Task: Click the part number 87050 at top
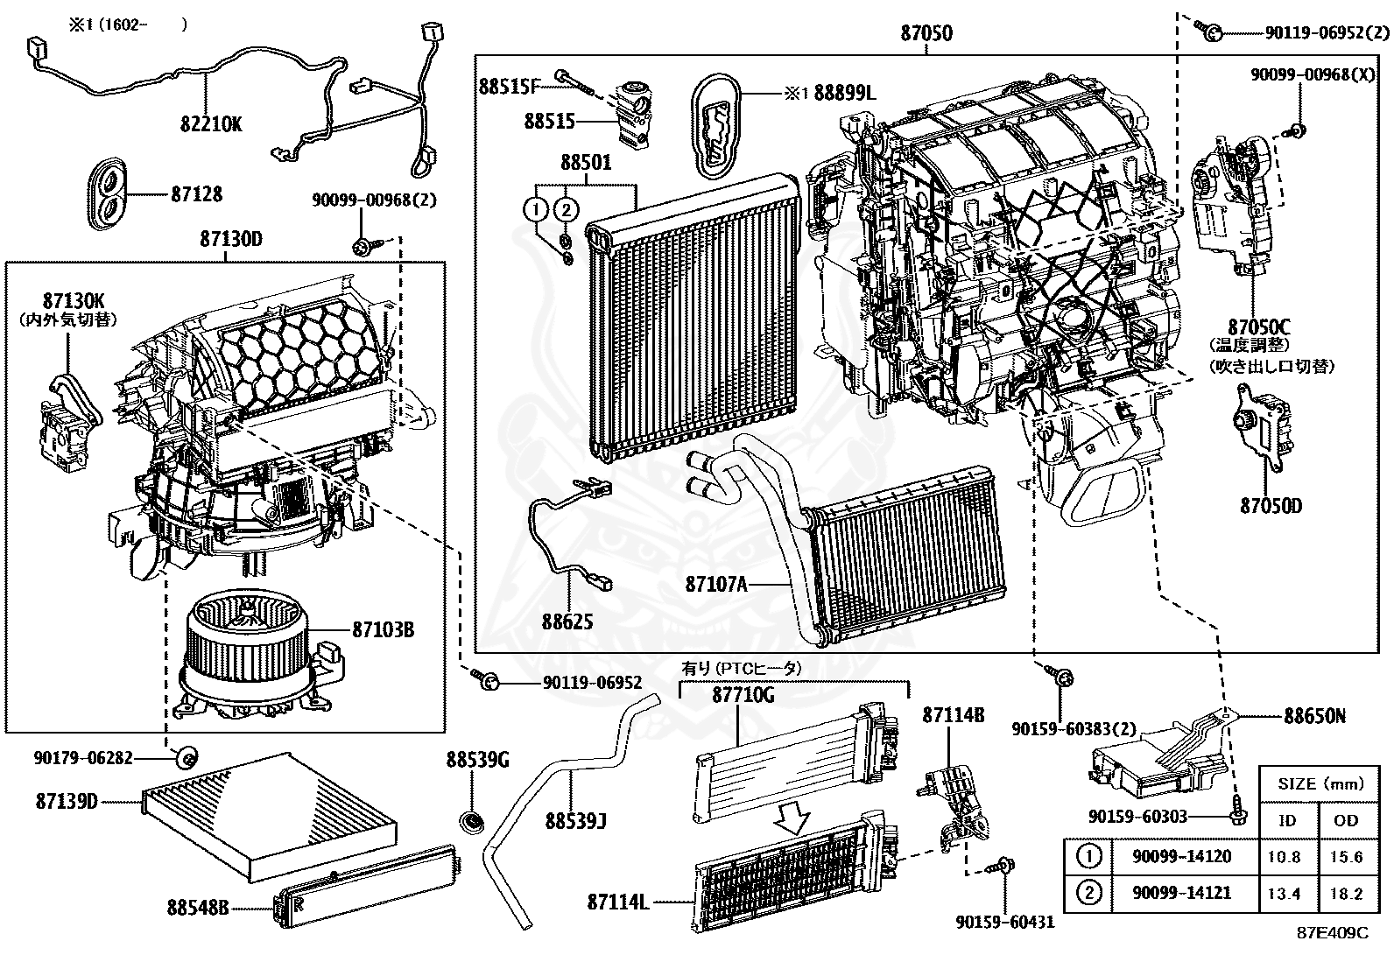coord(926,33)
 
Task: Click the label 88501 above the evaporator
coord(586,163)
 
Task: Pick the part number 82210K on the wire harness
coord(211,123)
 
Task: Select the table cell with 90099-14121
coord(1181,893)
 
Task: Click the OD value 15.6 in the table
coord(1346,857)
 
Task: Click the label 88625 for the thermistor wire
coord(567,621)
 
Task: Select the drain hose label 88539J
coord(575,821)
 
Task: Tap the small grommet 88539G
coord(474,822)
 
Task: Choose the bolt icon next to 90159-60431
coord(1001,867)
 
